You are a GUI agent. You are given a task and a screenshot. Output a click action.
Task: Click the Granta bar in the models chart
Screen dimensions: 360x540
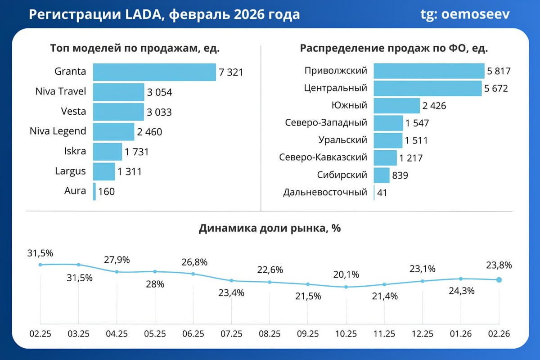tap(154, 72)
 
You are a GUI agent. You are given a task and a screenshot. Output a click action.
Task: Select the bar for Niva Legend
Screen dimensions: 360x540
tap(113, 132)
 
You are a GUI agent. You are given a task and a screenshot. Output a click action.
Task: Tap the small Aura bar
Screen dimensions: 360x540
tap(94, 191)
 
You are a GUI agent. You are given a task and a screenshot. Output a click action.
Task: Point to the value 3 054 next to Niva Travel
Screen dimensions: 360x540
tap(159, 93)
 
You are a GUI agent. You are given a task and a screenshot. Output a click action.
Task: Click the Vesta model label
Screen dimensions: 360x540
tap(73, 111)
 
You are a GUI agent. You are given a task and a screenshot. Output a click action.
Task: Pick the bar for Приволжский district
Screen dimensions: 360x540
tap(429, 71)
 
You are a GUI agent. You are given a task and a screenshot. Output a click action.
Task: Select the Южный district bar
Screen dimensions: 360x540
tap(396, 106)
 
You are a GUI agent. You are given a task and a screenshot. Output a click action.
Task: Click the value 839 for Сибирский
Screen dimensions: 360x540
tap(400, 175)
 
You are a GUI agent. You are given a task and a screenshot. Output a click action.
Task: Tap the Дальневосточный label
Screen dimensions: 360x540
tap(325, 193)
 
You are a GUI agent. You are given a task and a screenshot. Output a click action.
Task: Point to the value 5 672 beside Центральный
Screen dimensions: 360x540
tap(496, 89)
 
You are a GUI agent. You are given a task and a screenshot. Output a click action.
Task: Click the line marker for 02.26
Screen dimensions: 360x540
tap(499, 279)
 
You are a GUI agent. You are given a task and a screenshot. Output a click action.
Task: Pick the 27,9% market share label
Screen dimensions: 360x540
tap(117, 260)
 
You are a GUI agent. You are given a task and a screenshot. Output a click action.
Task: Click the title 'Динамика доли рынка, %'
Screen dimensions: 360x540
tap(270, 228)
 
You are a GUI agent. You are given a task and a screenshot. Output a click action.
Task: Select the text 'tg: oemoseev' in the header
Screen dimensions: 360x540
tap(465, 14)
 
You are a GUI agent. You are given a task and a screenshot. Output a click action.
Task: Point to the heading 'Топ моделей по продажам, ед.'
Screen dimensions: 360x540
tap(135, 48)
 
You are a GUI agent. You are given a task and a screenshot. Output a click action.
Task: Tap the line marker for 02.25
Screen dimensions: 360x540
tap(40, 265)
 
